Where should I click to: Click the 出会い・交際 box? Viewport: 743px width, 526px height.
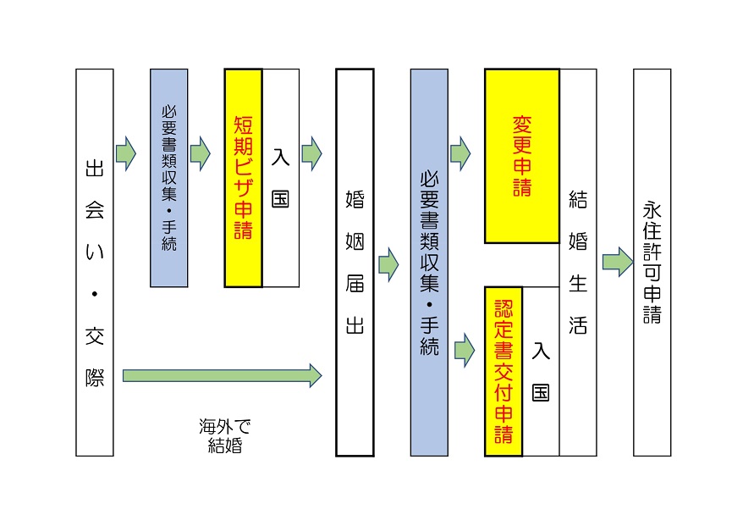coord(94,263)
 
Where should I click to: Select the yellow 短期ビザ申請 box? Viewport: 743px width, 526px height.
coord(243,178)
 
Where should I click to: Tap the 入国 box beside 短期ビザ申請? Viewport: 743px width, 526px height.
coord(281,178)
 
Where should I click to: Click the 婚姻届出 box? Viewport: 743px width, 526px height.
coord(355,263)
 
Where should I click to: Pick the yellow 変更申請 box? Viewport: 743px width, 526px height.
coord(521,157)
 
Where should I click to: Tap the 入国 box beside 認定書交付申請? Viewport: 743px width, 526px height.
coord(541,371)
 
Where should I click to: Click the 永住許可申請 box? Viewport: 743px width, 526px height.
coord(652,263)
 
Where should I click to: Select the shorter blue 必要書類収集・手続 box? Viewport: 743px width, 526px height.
coord(168,178)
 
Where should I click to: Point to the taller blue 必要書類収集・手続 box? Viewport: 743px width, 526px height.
coord(429,263)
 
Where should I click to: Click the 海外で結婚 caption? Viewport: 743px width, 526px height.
coord(225,435)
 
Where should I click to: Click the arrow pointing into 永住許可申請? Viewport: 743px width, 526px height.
coord(617,261)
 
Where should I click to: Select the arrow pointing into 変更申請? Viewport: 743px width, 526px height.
coord(460,153)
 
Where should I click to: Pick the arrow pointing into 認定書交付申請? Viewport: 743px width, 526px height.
coord(465,348)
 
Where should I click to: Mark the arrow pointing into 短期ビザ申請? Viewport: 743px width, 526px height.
coord(201,153)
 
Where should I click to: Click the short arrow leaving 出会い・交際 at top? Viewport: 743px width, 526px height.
coord(125,153)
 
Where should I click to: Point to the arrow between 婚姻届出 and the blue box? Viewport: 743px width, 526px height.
coord(388,265)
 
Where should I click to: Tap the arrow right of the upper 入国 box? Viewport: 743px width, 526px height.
coord(311,153)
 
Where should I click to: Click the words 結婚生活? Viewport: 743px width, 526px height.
coord(578,263)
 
